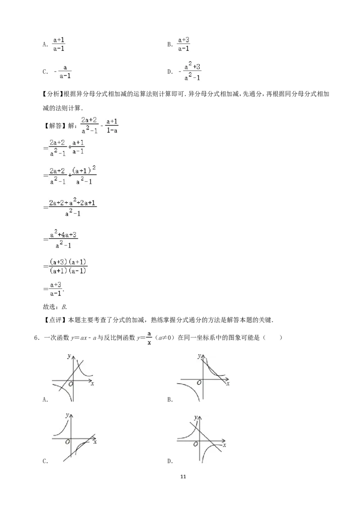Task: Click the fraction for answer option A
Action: pos(59,44)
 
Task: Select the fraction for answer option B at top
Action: pos(184,44)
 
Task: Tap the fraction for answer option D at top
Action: pos(192,71)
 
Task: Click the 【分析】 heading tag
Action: pos(52,94)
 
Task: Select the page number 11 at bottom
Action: pos(183,477)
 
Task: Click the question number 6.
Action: pos(36,338)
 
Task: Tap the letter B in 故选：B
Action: pos(64,307)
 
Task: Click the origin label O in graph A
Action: pos(71,384)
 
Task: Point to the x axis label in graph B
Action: pos(228,384)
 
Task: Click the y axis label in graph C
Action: pos(67,415)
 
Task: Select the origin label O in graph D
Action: pos(196,444)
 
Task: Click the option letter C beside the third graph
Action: pos(45,461)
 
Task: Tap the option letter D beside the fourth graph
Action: pos(169,461)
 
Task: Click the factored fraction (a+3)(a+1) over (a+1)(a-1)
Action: pos(68,266)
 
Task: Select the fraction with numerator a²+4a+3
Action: pos(63,240)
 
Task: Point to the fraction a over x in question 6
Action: pos(149,338)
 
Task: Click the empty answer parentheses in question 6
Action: pos(272,338)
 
